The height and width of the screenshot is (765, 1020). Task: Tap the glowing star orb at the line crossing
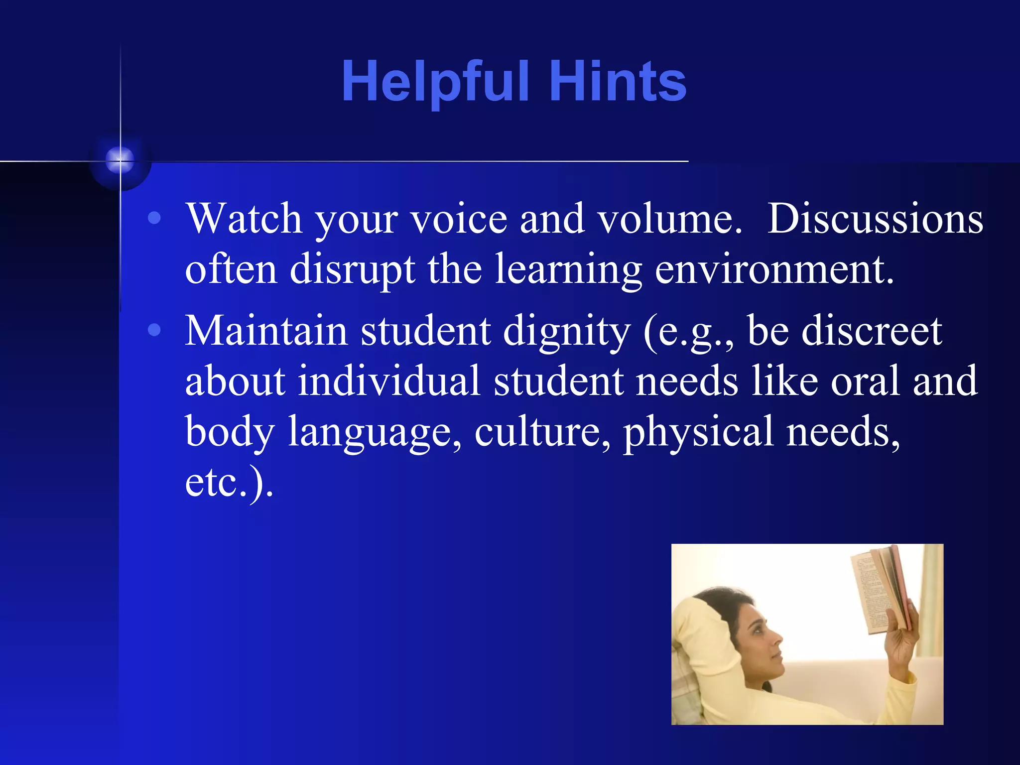(120, 160)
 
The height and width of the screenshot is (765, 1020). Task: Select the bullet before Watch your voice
(155, 218)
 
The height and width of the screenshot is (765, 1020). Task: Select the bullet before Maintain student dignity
(155, 330)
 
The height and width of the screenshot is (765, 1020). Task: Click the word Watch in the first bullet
(244, 219)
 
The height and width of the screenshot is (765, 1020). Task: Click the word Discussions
(875, 219)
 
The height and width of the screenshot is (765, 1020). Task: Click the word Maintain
(266, 331)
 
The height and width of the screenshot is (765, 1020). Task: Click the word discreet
(872, 331)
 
